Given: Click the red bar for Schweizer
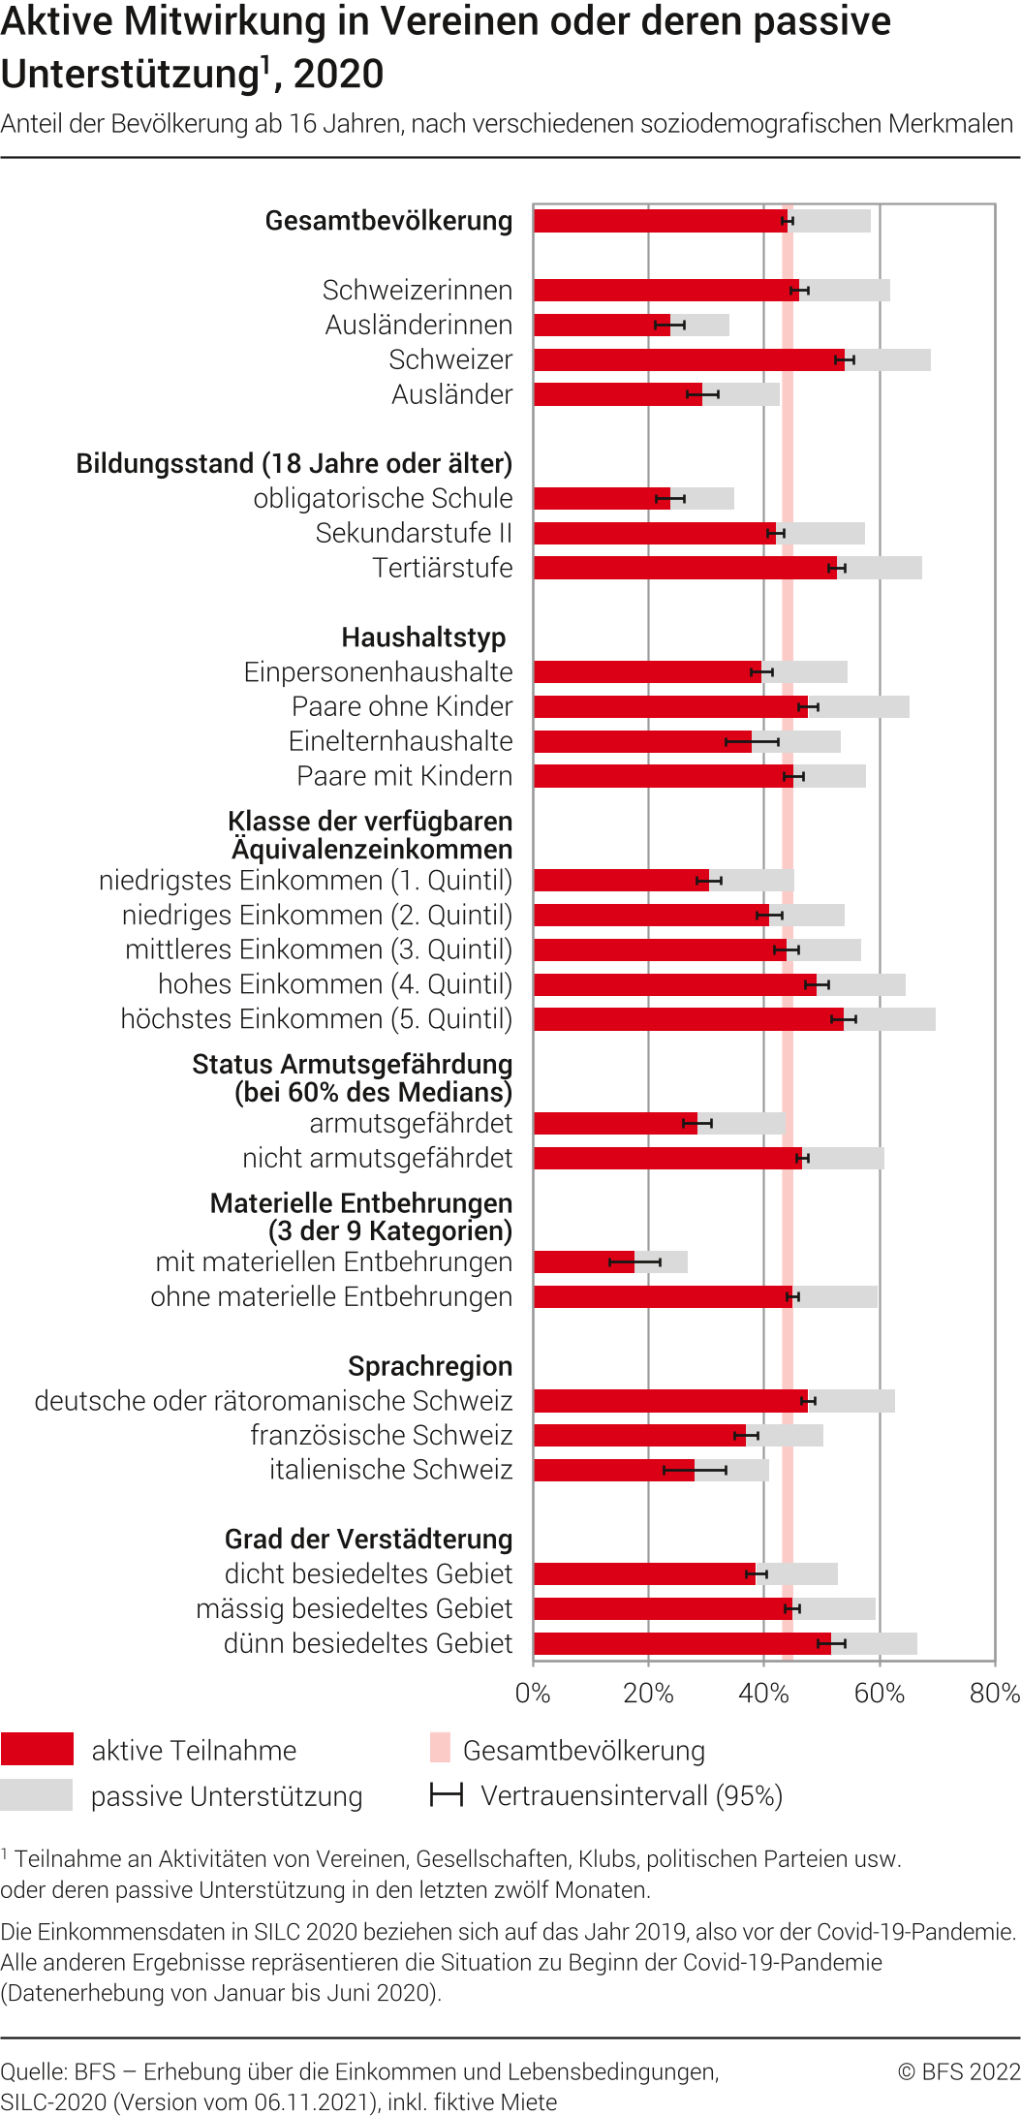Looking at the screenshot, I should point(688,360).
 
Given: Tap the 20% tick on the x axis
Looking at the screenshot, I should point(648,1694).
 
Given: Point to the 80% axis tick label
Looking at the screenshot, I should point(995,1694).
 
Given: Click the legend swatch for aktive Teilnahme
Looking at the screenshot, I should point(37,1749).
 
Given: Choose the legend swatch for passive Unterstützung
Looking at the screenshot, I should point(37,1795).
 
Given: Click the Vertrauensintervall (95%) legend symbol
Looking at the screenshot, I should point(447,1795).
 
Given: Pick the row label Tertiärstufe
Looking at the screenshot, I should point(443,568).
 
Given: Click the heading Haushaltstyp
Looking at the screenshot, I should point(423,638).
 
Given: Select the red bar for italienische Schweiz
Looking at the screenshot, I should point(613,1470).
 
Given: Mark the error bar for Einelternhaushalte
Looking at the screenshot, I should point(752,742).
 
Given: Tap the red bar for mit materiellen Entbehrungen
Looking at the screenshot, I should point(583,1261).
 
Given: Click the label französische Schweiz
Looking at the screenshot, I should point(381,1435).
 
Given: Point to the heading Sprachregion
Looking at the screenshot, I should point(430,1366).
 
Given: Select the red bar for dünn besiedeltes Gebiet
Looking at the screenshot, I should point(681,1643).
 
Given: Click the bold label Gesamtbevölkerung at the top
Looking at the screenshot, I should point(388,221).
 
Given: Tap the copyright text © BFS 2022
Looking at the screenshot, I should point(958,2071).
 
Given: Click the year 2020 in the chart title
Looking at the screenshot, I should point(338,75).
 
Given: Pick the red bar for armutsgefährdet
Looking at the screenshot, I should point(615,1124).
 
